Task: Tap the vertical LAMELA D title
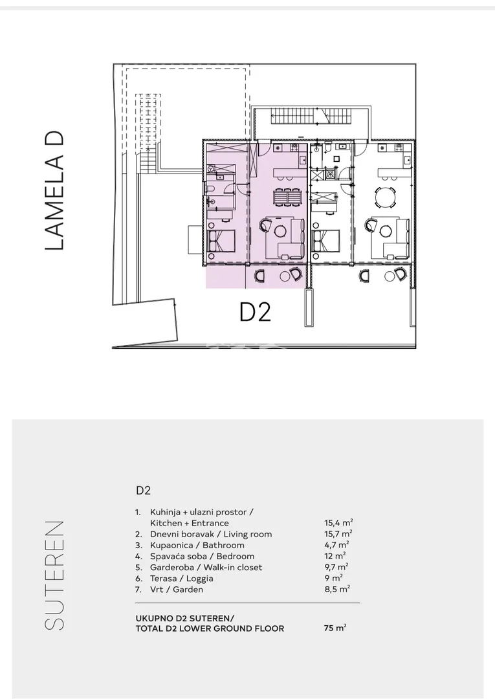point(55,190)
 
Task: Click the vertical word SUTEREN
point(54,575)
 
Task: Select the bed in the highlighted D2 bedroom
point(221,241)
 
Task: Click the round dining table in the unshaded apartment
point(385,197)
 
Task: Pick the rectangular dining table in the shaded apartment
point(287,197)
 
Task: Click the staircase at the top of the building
point(312,116)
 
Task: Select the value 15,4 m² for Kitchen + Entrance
point(338,523)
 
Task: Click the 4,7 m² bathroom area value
point(336,545)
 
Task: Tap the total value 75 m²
point(335,628)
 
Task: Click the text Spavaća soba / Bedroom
point(203,557)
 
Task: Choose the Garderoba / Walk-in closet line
point(206,568)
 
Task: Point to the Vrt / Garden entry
point(177,590)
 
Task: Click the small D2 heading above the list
point(144,491)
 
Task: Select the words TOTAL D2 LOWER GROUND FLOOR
point(210,628)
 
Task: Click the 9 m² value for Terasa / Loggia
point(333,578)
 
